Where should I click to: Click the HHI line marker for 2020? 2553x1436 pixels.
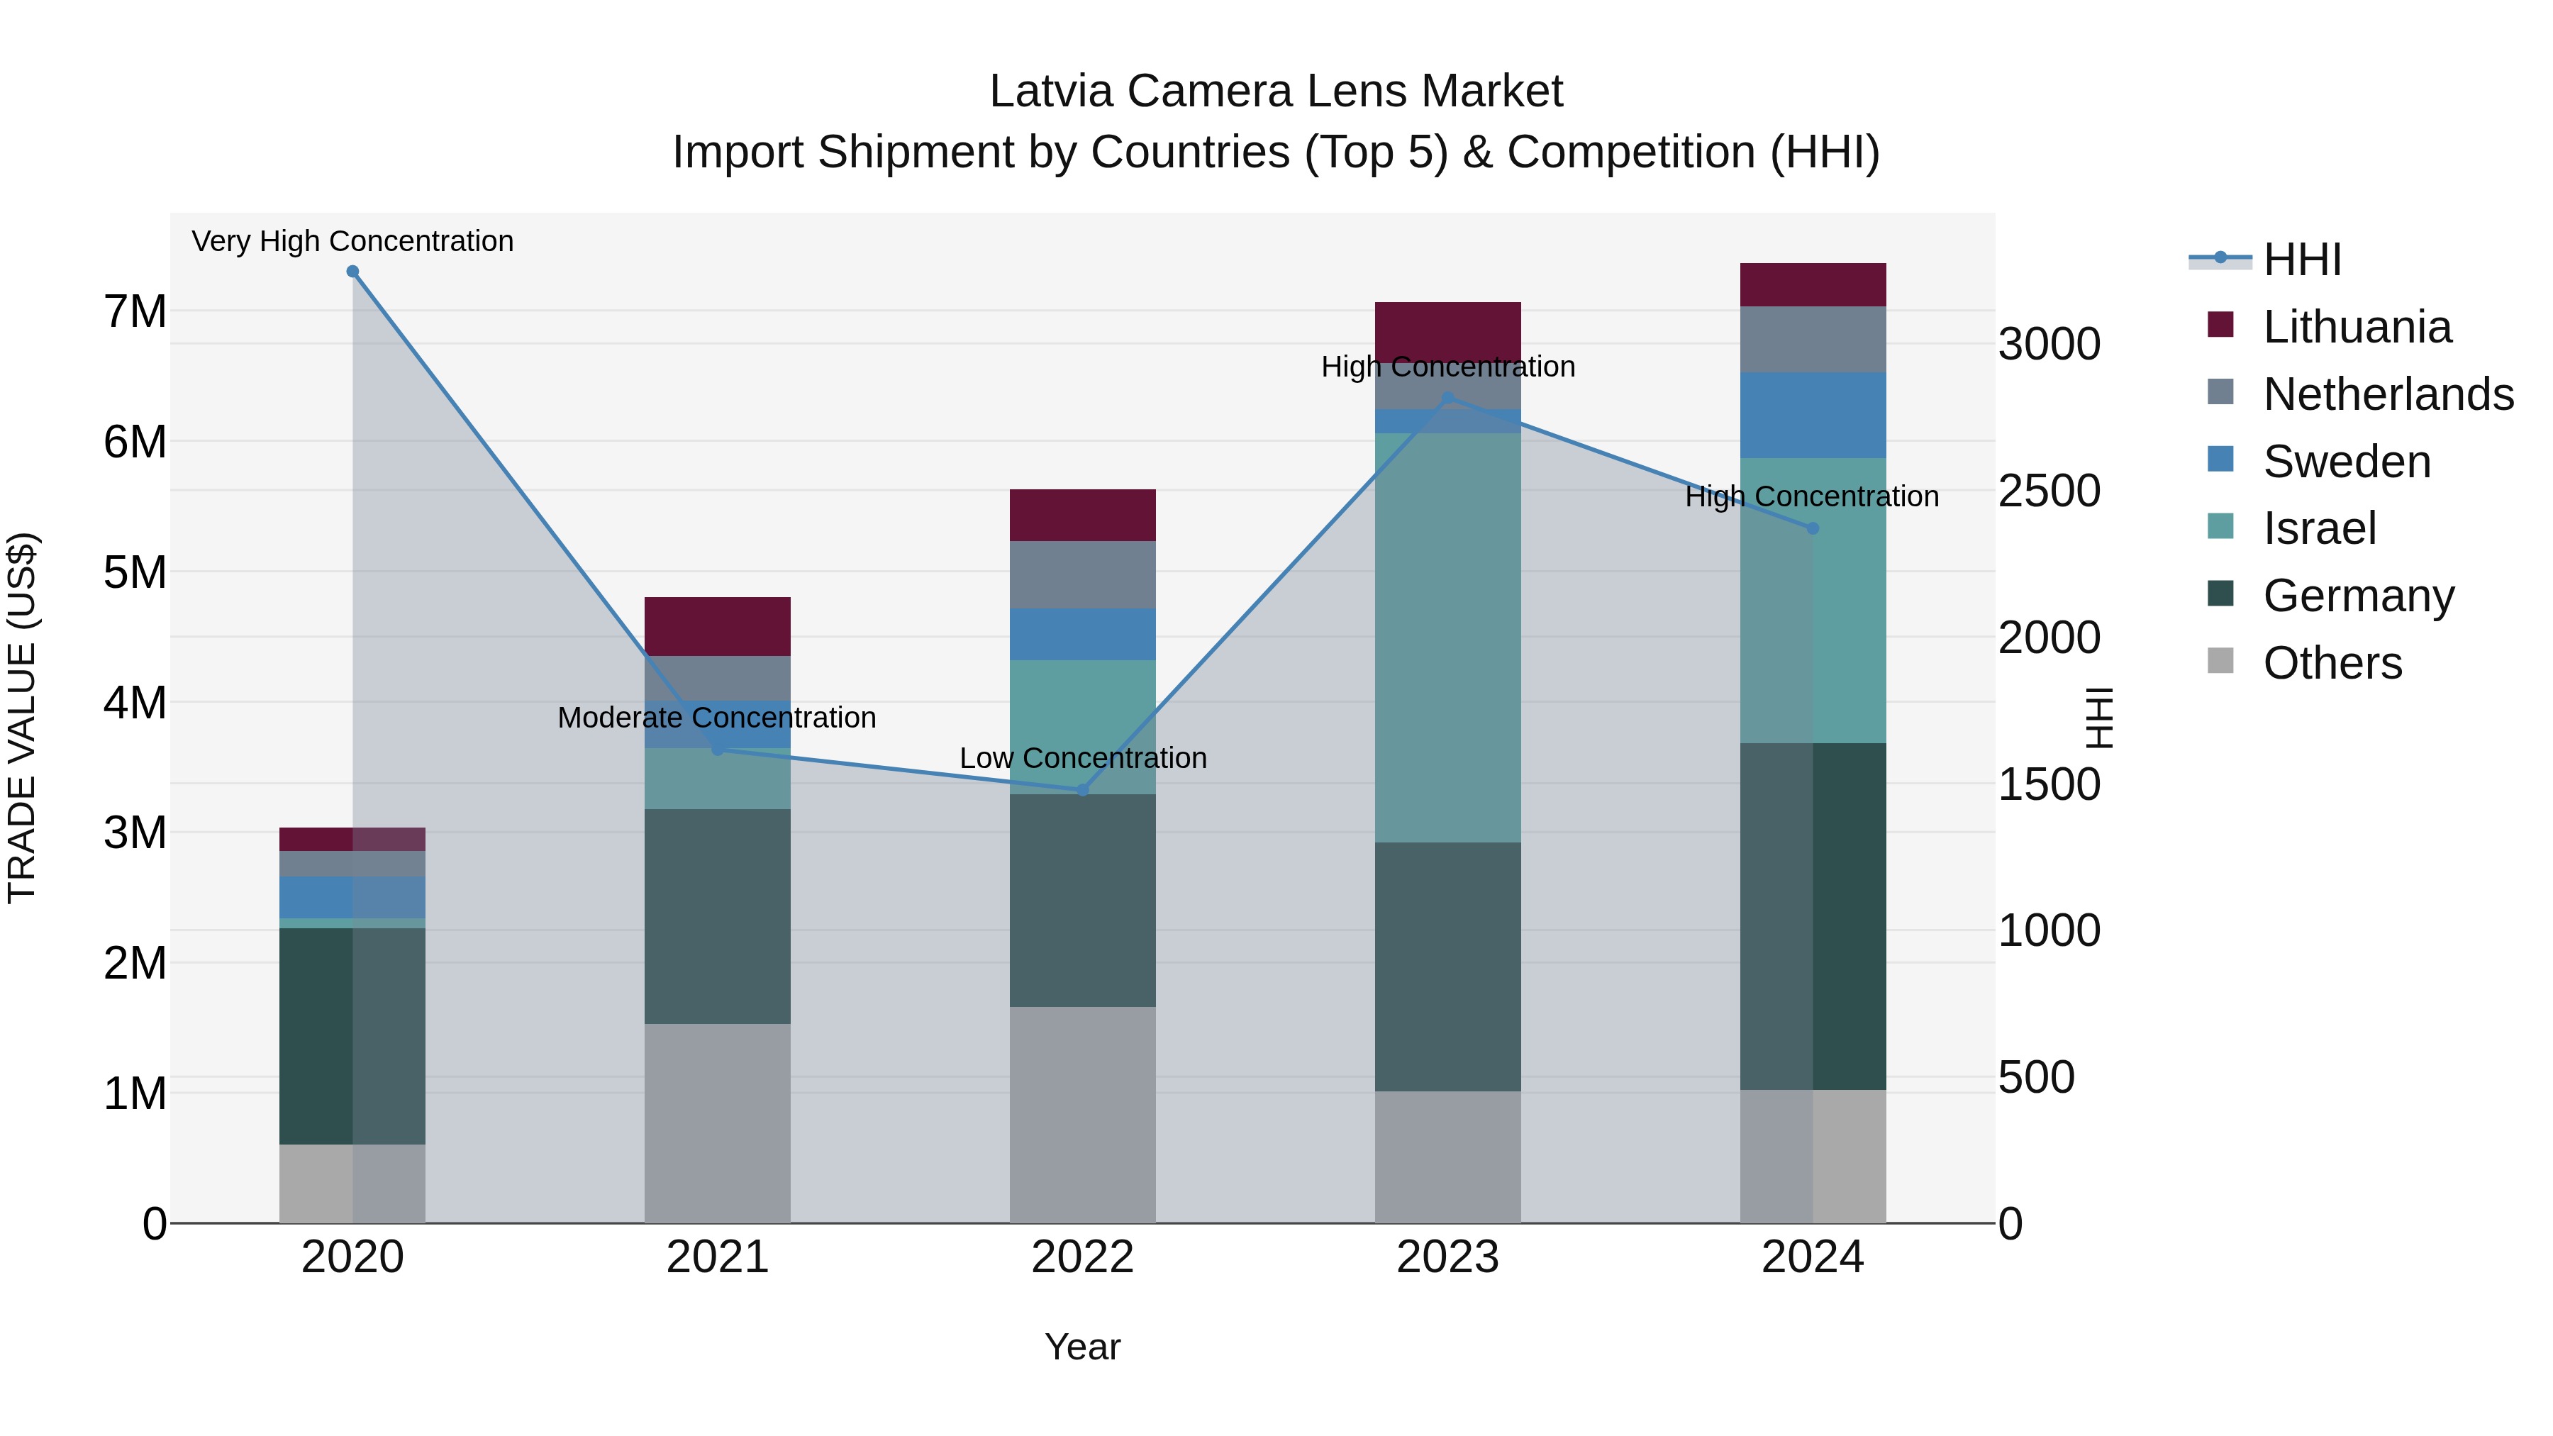point(353,272)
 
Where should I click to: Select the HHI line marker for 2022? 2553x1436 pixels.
point(1082,790)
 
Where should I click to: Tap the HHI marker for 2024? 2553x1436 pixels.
point(1813,528)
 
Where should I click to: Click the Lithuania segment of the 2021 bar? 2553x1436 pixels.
point(718,626)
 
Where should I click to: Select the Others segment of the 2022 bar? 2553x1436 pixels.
point(1082,1115)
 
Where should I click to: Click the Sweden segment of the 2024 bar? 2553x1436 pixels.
point(1813,416)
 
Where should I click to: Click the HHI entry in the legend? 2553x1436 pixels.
point(2302,260)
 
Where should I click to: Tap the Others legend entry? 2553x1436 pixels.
point(2332,663)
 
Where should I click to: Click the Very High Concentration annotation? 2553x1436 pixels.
point(353,241)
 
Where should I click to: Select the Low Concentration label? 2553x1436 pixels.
point(1082,758)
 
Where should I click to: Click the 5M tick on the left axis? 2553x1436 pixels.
point(135,572)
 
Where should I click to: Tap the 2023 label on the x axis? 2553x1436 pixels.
point(1447,1257)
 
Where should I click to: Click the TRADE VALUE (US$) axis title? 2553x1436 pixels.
point(23,718)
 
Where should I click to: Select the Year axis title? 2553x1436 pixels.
point(1082,1347)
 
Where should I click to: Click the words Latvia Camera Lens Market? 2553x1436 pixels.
point(1276,91)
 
